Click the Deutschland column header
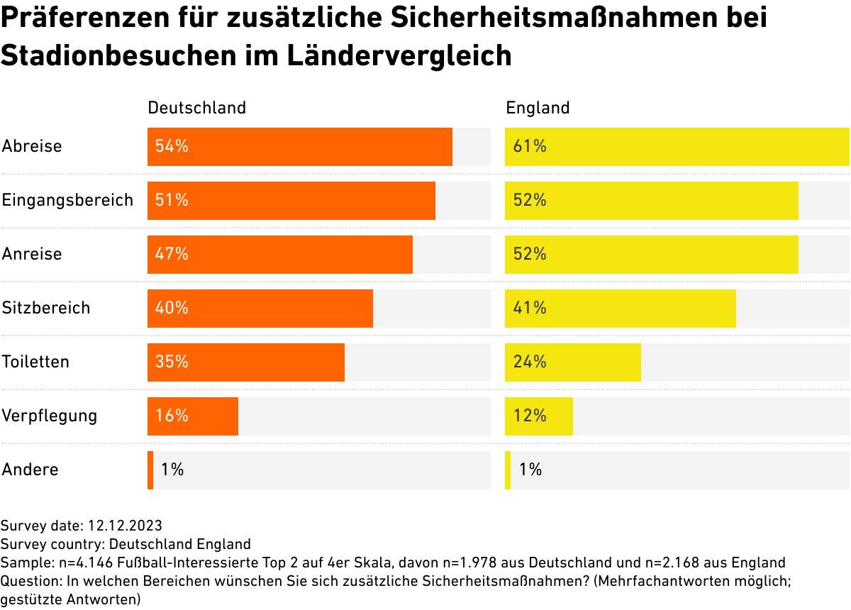pos(196,108)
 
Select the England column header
pos(538,108)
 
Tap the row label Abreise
pos(32,147)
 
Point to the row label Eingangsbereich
pos(67,201)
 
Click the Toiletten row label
pos(35,362)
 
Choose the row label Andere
pos(30,470)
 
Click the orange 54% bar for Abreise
pos(299,147)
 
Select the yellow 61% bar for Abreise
pos(677,147)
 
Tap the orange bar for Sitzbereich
pos(260,309)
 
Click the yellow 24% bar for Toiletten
pos(572,362)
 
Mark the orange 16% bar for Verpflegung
pos(192,416)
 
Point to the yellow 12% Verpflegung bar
pos(538,416)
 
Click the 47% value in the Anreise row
pos(172,254)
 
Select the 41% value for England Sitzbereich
pos(530,308)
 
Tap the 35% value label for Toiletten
pos(172,362)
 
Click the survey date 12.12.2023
pos(125,526)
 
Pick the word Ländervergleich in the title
pos(399,55)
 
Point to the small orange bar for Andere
pos(150,470)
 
